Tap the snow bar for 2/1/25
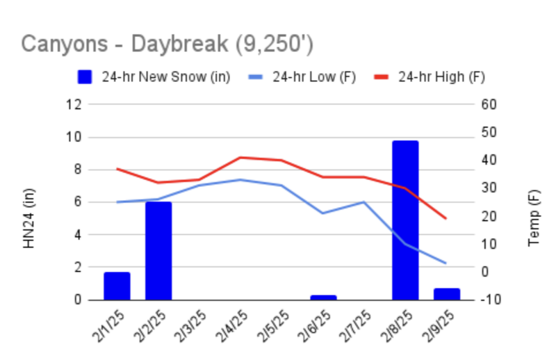pyautogui.click(x=117, y=286)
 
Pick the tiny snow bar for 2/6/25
pyautogui.click(x=323, y=297)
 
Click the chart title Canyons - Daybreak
pyautogui.click(x=167, y=44)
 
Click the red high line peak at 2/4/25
pyautogui.click(x=240, y=157)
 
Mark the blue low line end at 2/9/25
pyautogui.click(x=445, y=263)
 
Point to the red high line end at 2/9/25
pyautogui.click(x=445, y=218)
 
